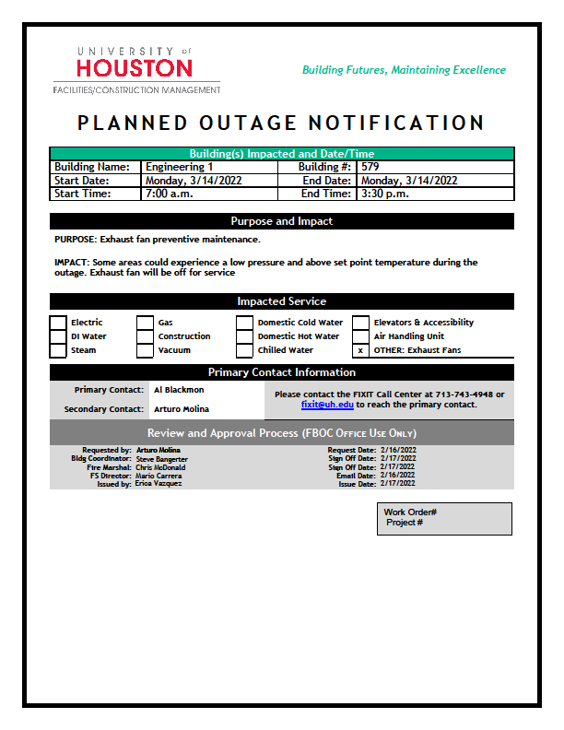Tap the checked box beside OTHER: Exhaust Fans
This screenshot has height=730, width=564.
tap(360, 350)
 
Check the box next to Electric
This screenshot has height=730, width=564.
tap(58, 323)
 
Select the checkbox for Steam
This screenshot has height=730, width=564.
tap(58, 350)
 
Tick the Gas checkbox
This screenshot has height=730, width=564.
tap(146, 323)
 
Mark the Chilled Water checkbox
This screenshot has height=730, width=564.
tap(244, 350)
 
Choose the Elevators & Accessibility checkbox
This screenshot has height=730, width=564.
tap(360, 323)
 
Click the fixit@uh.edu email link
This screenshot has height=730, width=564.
tap(327, 405)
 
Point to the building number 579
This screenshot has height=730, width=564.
tap(370, 167)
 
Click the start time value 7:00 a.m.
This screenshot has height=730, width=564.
tap(168, 194)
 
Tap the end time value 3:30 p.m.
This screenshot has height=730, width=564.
tap(385, 194)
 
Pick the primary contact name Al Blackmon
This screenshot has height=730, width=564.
tap(179, 390)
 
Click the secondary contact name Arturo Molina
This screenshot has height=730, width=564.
tap(182, 408)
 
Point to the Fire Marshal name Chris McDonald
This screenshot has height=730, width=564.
tap(161, 467)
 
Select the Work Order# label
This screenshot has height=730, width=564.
tap(410, 512)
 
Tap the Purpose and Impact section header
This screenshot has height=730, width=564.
tap(281, 221)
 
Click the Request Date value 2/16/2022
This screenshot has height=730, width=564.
tap(397, 450)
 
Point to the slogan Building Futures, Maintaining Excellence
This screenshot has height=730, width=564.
tap(404, 70)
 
